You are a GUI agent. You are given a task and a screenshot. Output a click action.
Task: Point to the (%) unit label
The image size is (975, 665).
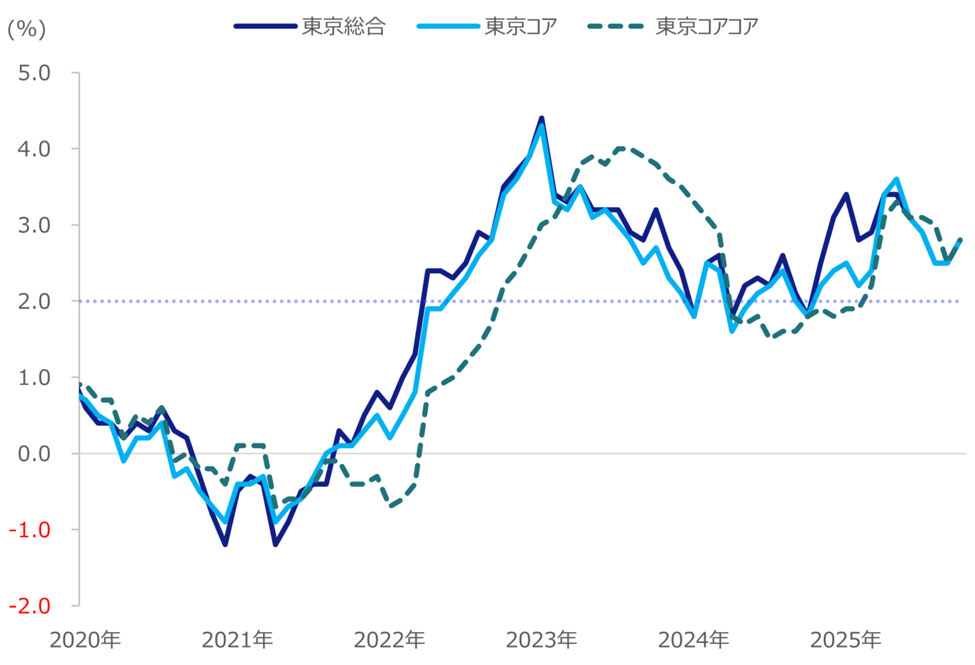(x=26, y=29)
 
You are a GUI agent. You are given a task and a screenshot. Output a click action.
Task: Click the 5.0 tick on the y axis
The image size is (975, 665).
(x=34, y=73)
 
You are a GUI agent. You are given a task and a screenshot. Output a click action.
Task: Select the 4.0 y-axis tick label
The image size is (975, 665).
(x=34, y=149)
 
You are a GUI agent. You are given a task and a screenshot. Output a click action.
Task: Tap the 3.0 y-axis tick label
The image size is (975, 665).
(x=34, y=225)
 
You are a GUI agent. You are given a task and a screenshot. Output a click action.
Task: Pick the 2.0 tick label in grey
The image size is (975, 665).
(x=34, y=301)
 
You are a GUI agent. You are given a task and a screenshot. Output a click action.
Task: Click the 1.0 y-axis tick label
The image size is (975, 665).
(x=34, y=378)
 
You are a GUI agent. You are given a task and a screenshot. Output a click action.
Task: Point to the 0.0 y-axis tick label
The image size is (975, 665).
(x=34, y=454)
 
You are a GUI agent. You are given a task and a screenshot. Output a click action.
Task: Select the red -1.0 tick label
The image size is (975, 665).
(x=30, y=530)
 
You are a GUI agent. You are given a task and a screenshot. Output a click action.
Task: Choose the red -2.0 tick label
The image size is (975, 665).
(x=30, y=606)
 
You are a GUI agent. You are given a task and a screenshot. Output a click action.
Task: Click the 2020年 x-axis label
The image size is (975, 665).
(x=85, y=640)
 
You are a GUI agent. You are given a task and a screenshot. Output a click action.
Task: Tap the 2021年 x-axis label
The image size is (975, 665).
(x=237, y=640)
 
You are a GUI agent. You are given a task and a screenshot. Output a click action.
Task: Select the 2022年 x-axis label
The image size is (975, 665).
(x=389, y=640)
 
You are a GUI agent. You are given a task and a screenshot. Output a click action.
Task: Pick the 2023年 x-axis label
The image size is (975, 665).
(x=541, y=640)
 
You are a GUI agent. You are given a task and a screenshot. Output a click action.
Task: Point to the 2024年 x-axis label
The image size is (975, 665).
(x=693, y=640)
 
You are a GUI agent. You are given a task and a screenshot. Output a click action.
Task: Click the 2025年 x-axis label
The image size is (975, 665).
(x=845, y=640)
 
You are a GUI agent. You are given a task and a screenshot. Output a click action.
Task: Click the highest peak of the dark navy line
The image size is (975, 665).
(x=541, y=119)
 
